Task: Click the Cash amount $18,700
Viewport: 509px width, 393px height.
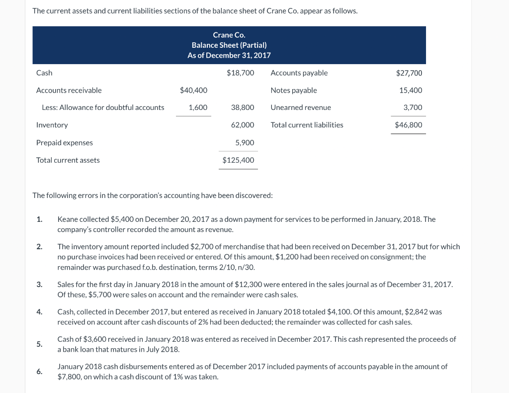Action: point(240,73)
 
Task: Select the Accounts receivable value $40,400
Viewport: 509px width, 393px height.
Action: point(193,91)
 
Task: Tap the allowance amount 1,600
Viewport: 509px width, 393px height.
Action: point(198,107)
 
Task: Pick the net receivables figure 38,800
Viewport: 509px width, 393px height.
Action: point(243,107)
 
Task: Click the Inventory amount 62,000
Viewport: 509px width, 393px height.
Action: point(243,125)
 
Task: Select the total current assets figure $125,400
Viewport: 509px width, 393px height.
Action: point(238,160)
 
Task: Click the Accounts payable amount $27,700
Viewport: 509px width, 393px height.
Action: point(409,73)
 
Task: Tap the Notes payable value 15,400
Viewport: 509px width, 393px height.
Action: point(411,91)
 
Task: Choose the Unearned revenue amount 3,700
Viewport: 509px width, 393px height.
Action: point(413,107)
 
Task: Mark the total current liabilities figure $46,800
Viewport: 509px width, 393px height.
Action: point(409,125)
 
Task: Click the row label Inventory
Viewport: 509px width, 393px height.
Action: point(52,125)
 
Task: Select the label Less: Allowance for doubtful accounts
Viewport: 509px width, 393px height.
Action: point(103,107)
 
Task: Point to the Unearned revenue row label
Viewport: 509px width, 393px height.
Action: point(301,107)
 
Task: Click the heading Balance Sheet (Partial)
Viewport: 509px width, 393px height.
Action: point(229,45)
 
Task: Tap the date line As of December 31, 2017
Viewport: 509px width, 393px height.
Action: point(229,55)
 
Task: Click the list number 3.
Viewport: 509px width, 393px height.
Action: point(39,285)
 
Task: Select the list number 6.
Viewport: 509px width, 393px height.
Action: point(39,372)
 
